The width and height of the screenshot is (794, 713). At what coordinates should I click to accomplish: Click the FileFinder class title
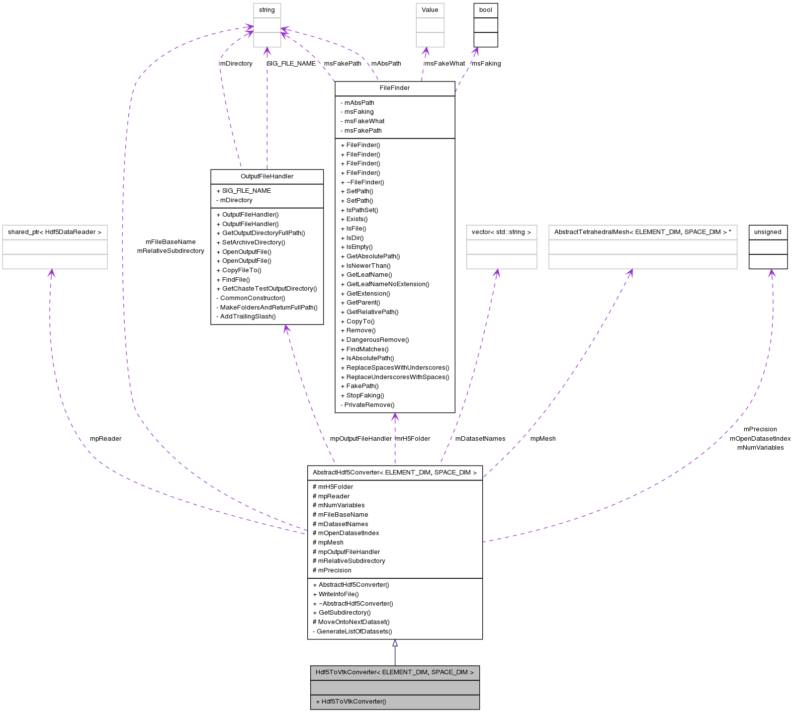click(395, 88)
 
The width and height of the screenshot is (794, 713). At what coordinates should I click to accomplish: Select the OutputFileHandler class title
click(267, 176)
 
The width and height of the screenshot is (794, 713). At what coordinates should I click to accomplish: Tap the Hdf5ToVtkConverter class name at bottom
click(395, 672)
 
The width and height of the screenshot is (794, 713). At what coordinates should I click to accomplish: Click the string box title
click(267, 10)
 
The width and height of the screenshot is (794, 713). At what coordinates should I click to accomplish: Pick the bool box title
click(486, 10)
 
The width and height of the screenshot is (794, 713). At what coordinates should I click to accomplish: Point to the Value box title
click(430, 10)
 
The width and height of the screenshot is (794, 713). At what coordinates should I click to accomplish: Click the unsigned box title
click(768, 232)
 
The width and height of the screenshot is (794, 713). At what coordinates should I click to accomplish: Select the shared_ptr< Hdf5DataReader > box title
click(55, 232)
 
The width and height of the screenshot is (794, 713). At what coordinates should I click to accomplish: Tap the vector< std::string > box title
click(501, 232)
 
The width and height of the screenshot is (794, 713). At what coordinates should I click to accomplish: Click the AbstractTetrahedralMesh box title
click(642, 232)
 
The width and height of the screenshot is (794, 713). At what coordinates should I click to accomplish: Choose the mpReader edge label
click(105, 439)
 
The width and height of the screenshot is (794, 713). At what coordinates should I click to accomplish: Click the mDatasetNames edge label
click(480, 439)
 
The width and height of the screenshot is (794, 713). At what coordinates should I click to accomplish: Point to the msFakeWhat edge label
click(445, 64)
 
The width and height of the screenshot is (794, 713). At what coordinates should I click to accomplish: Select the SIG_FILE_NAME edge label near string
click(291, 64)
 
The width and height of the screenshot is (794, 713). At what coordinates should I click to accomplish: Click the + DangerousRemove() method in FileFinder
click(374, 340)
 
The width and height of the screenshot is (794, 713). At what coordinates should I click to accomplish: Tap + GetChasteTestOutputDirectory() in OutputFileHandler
click(266, 289)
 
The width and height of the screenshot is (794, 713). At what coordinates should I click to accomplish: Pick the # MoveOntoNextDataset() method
click(351, 622)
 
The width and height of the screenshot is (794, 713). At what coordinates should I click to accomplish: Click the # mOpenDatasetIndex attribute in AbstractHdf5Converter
click(346, 533)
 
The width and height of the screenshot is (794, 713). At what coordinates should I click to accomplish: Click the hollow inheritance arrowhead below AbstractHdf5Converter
click(395, 643)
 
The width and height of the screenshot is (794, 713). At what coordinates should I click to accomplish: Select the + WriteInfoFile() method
click(336, 594)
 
